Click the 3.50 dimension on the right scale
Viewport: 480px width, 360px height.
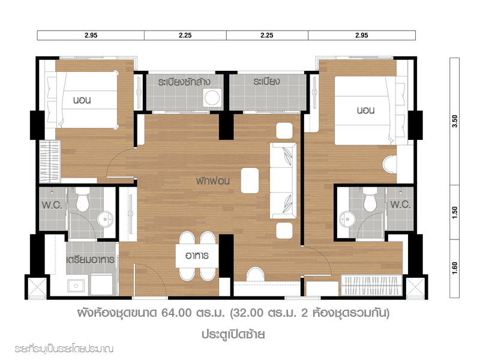pyautogui.click(x=455, y=121)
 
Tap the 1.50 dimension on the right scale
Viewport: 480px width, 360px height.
pyautogui.click(x=455, y=212)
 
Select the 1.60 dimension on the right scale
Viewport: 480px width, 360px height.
pyautogui.click(x=455, y=268)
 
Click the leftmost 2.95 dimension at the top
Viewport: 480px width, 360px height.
pyautogui.click(x=91, y=35)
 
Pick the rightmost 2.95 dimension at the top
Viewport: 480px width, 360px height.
pyautogui.click(x=362, y=35)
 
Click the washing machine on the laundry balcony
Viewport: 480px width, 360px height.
pyautogui.click(x=212, y=98)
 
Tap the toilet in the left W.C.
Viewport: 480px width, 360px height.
pyautogui.click(x=82, y=200)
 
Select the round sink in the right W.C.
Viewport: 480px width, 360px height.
pyautogui.click(x=347, y=219)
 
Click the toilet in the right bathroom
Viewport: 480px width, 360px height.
pyautogui.click(x=370, y=200)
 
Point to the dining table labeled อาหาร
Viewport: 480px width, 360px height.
pyautogui.click(x=197, y=256)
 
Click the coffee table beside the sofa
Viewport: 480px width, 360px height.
pyautogui.click(x=250, y=181)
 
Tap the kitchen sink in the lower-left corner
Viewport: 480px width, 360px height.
pyautogui.click(x=76, y=286)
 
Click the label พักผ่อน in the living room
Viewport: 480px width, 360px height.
pyautogui.click(x=213, y=181)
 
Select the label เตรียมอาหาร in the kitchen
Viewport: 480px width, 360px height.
pyautogui.click(x=91, y=260)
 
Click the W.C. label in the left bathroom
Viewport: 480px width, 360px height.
pyautogui.click(x=52, y=205)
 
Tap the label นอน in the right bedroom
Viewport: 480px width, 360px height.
pyautogui.click(x=366, y=110)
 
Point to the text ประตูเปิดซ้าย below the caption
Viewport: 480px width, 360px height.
pyautogui.click(x=233, y=334)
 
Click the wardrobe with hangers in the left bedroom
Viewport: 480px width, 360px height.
pyautogui.click(x=50, y=161)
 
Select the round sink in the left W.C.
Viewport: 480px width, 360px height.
pyautogui.click(x=105, y=219)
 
